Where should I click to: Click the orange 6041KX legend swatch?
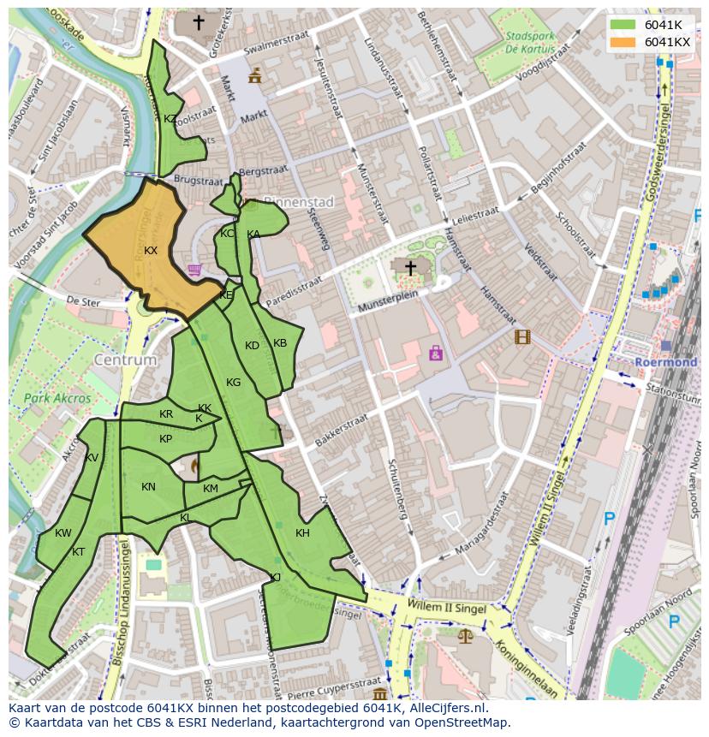tap(623, 42)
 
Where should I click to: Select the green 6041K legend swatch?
tap(623, 25)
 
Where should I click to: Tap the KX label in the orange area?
tap(151, 251)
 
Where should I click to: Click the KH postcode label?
tap(302, 533)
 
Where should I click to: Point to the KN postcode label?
tap(148, 487)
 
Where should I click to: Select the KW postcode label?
tap(63, 533)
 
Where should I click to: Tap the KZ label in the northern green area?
tap(170, 119)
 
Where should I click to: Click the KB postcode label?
tap(280, 343)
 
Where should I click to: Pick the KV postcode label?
tap(92, 458)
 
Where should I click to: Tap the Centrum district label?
tap(126, 360)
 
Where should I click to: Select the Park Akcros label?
tap(57, 398)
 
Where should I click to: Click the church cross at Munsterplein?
tap(410, 269)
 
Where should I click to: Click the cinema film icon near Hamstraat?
tap(522, 336)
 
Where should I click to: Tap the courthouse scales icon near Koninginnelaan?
tap(465, 636)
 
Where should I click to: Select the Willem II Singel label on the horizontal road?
tap(448, 609)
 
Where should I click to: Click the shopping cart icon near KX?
tap(195, 270)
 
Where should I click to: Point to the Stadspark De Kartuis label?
tap(529, 43)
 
